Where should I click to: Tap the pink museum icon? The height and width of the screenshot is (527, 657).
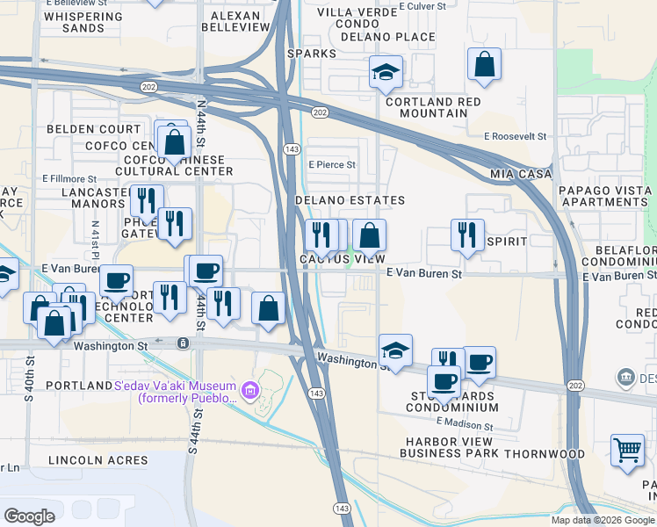[250, 387]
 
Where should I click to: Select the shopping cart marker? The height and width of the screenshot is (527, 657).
[628, 450]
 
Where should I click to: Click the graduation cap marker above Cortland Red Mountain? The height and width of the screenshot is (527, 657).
[386, 73]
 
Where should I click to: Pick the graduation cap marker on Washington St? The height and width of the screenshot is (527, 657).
[396, 350]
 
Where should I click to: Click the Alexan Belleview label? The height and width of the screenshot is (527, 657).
[235, 22]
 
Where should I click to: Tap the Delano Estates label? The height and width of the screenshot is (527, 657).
[350, 200]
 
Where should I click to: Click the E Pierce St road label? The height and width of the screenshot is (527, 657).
[331, 164]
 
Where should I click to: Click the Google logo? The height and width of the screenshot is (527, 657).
[30, 516]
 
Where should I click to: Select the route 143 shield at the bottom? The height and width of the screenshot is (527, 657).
[340, 509]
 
